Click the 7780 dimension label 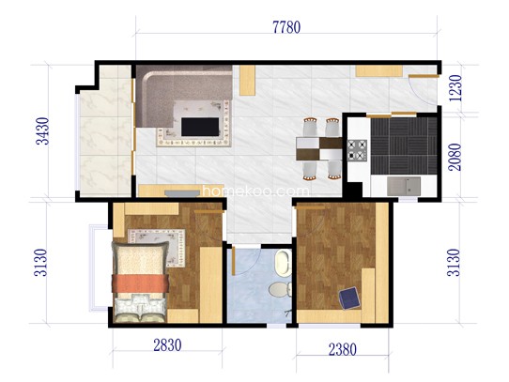coord(286,27)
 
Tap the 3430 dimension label coord(42,130)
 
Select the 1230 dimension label coord(455,88)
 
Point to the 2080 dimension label coord(455,157)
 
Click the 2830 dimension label coord(167,345)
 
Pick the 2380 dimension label coord(343,349)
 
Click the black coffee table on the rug coord(200,127)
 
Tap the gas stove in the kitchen coord(357,150)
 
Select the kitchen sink coord(404,186)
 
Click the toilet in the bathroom coord(280,289)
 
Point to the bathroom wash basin coord(283,263)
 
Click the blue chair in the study coord(349,298)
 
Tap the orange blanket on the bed coord(140,283)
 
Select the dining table coord(318,148)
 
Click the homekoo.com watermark coord(256,191)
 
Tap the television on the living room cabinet coord(182,193)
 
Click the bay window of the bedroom coord(99,267)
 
